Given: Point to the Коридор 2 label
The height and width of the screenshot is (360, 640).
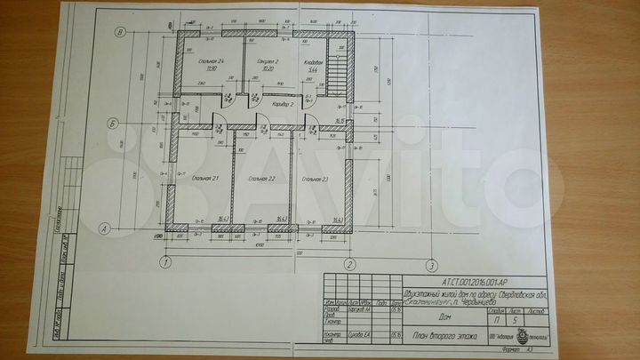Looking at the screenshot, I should tap(282, 104).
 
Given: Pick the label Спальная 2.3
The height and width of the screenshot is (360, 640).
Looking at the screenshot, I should tap(315, 180).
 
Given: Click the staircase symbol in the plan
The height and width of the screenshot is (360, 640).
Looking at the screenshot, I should tap(338, 68).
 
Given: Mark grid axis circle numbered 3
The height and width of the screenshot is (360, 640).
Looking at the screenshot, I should tap(430, 264).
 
